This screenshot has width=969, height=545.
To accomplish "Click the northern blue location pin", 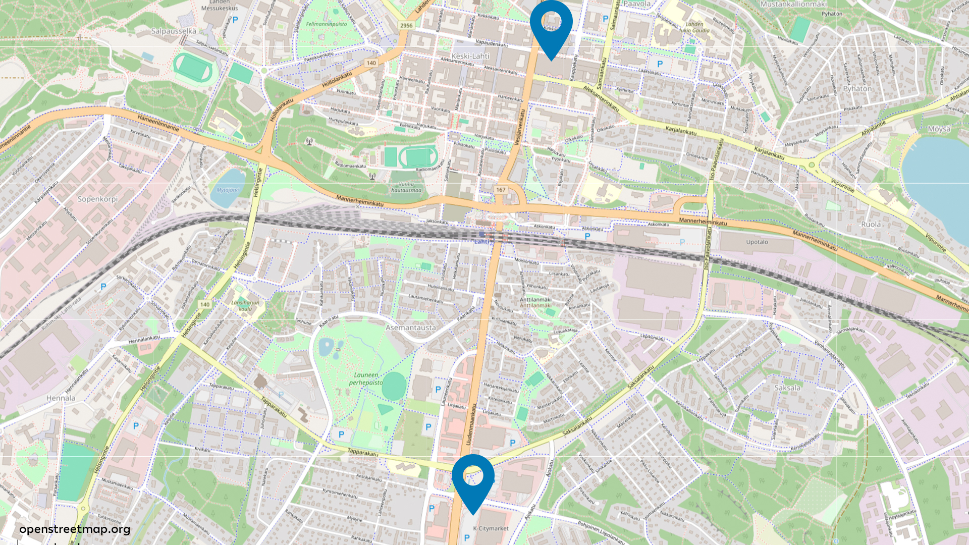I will (551, 25).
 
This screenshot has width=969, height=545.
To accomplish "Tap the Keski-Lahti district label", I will (470, 56).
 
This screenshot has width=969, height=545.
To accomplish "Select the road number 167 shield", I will (501, 190).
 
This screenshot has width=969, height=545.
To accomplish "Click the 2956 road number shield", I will (406, 25).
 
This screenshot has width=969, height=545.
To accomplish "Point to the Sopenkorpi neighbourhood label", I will (97, 199).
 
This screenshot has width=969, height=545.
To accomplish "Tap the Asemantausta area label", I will (410, 328).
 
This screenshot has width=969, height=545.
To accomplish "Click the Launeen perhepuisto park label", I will (366, 378).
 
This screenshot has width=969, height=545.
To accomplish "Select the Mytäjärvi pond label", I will (227, 190).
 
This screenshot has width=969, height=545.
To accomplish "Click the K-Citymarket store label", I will (491, 528).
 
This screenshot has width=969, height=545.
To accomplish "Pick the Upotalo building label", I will (757, 242).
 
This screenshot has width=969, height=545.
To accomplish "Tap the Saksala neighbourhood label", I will (787, 388).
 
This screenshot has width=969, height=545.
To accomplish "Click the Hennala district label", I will (61, 398).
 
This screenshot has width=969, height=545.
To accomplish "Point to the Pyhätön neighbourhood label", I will (857, 88).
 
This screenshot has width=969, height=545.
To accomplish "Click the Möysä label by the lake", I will (939, 129).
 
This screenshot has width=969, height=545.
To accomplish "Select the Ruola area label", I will (871, 224).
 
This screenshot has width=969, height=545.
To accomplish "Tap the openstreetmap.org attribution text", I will (75, 529).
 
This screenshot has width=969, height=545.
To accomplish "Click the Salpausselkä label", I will (174, 31).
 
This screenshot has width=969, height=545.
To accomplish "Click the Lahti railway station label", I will (481, 241).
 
